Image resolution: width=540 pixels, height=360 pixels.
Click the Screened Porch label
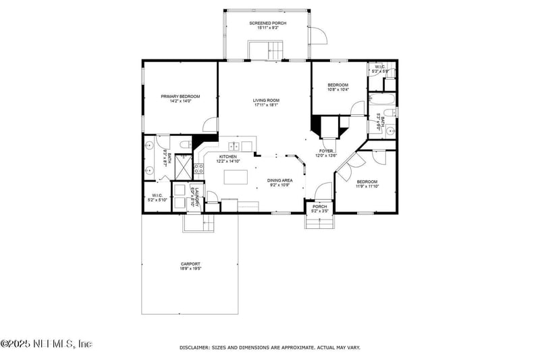(x=267, y=24)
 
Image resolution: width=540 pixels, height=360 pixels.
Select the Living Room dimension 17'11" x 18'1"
(x=267, y=105)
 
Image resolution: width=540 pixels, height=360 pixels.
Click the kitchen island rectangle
(x=237, y=177)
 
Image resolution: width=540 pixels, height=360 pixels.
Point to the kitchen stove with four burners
(x=199, y=168)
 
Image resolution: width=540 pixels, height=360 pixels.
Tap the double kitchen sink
(x=234, y=146)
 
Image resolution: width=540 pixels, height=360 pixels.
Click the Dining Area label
(x=279, y=180)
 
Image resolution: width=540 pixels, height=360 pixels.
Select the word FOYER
(x=326, y=151)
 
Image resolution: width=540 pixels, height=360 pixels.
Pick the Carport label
(x=190, y=263)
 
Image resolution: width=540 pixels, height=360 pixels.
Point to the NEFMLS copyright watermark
(x=46, y=344)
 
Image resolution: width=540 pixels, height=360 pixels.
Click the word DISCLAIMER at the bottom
(x=196, y=347)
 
